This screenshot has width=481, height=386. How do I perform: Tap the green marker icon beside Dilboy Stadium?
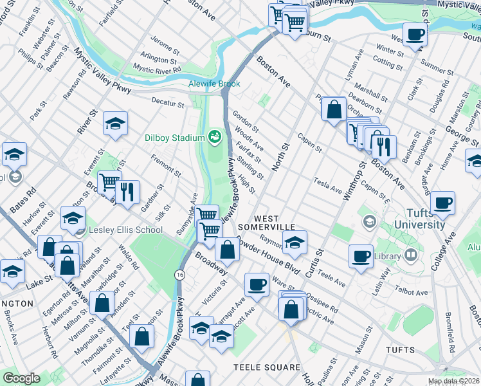click(x=214, y=136)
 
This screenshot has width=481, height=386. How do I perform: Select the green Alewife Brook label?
click(x=214, y=84)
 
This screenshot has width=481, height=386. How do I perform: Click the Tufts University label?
click(x=416, y=219)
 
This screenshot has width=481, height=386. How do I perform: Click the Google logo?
click(x=21, y=378)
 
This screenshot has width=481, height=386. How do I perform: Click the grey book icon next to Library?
click(x=410, y=256)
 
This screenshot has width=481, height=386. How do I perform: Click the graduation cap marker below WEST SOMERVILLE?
click(x=295, y=242)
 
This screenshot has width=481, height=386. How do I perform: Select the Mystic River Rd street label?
click(x=157, y=68)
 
